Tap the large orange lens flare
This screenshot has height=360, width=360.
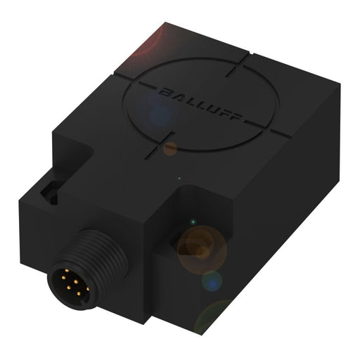pyautogui.click(x=201, y=246)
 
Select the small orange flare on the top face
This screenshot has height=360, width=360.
pyautogui.click(x=170, y=148)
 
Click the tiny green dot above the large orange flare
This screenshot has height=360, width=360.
pyautogui.click(x=181, y=179)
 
